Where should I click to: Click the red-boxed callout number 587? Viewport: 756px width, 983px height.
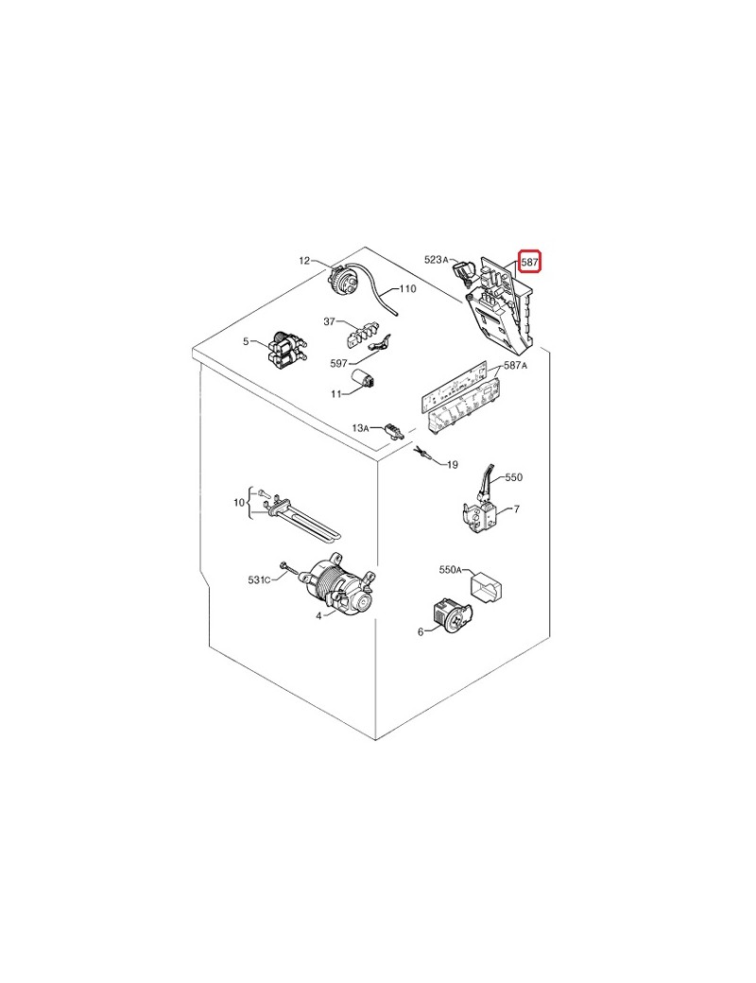530,262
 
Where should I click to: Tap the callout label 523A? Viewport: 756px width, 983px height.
437,259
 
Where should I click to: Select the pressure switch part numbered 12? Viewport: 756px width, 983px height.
344,280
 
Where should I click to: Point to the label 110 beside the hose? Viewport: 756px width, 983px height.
407,289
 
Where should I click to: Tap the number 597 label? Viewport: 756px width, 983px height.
338,364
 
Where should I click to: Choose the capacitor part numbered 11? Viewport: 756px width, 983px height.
362,380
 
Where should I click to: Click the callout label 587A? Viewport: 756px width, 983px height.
515,366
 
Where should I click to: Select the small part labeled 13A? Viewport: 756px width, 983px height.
392,430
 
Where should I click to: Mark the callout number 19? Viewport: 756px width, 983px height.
452,464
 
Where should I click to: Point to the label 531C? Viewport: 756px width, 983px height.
259,580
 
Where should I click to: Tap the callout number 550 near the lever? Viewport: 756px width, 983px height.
513,477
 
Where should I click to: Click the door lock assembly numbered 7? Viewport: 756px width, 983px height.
480,516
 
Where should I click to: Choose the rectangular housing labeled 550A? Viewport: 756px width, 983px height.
487,587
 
